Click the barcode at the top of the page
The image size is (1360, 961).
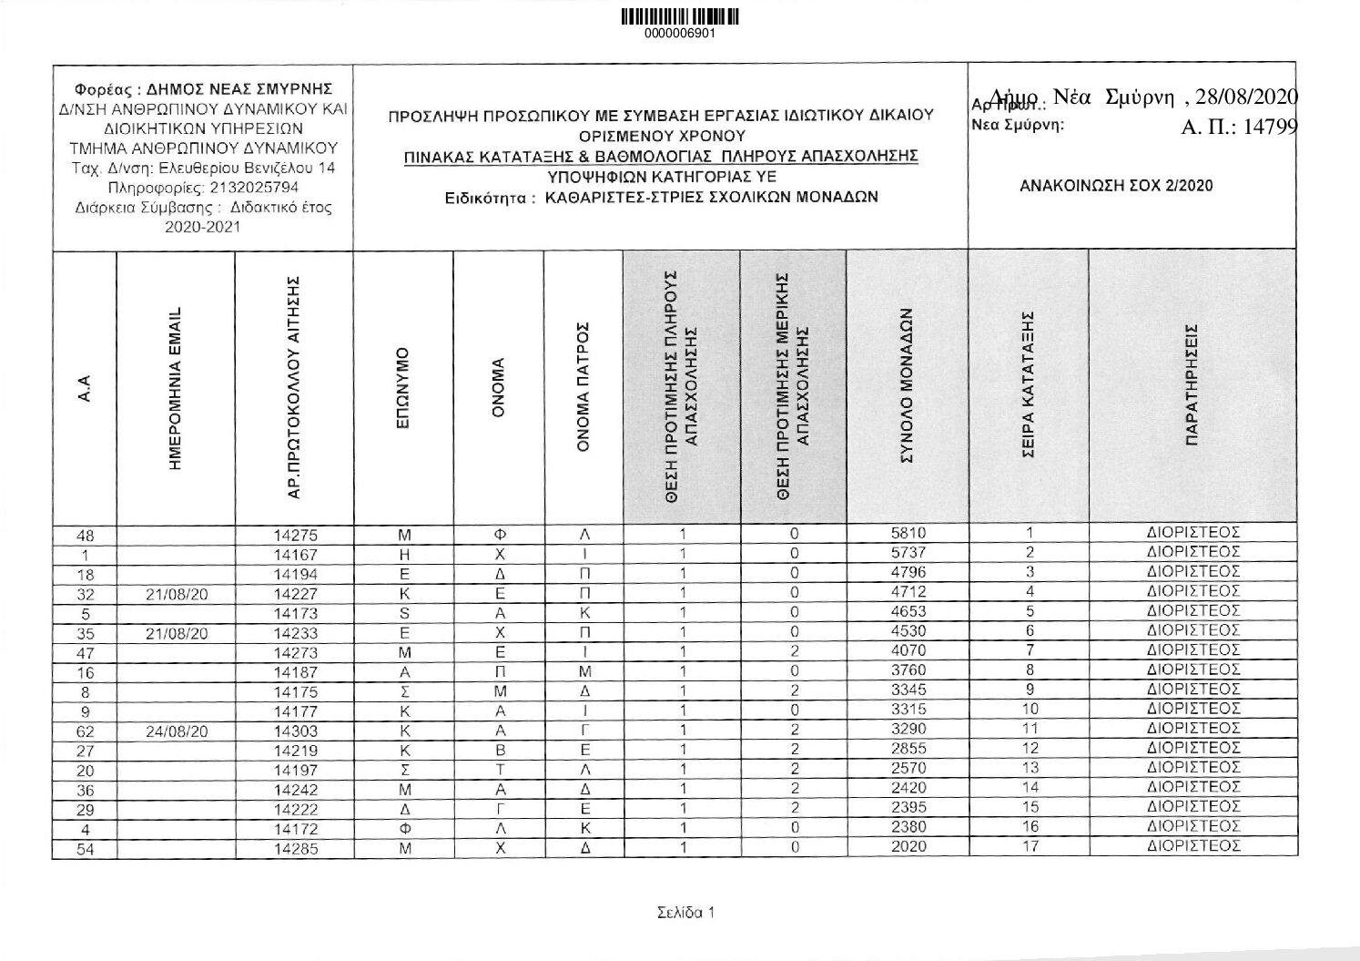[679, 17]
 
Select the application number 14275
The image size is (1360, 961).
[295, 536]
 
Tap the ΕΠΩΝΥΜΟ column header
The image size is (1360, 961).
[403, 387]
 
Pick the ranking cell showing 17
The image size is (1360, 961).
[1030, 846]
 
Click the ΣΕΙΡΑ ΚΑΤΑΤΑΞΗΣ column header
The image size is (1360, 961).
[1029, 387]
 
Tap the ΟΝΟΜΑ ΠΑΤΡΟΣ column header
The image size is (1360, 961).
[584, 387]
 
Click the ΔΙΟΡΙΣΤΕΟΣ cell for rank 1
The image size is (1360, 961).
[1193, 533]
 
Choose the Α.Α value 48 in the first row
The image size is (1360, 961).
[84, 536]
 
